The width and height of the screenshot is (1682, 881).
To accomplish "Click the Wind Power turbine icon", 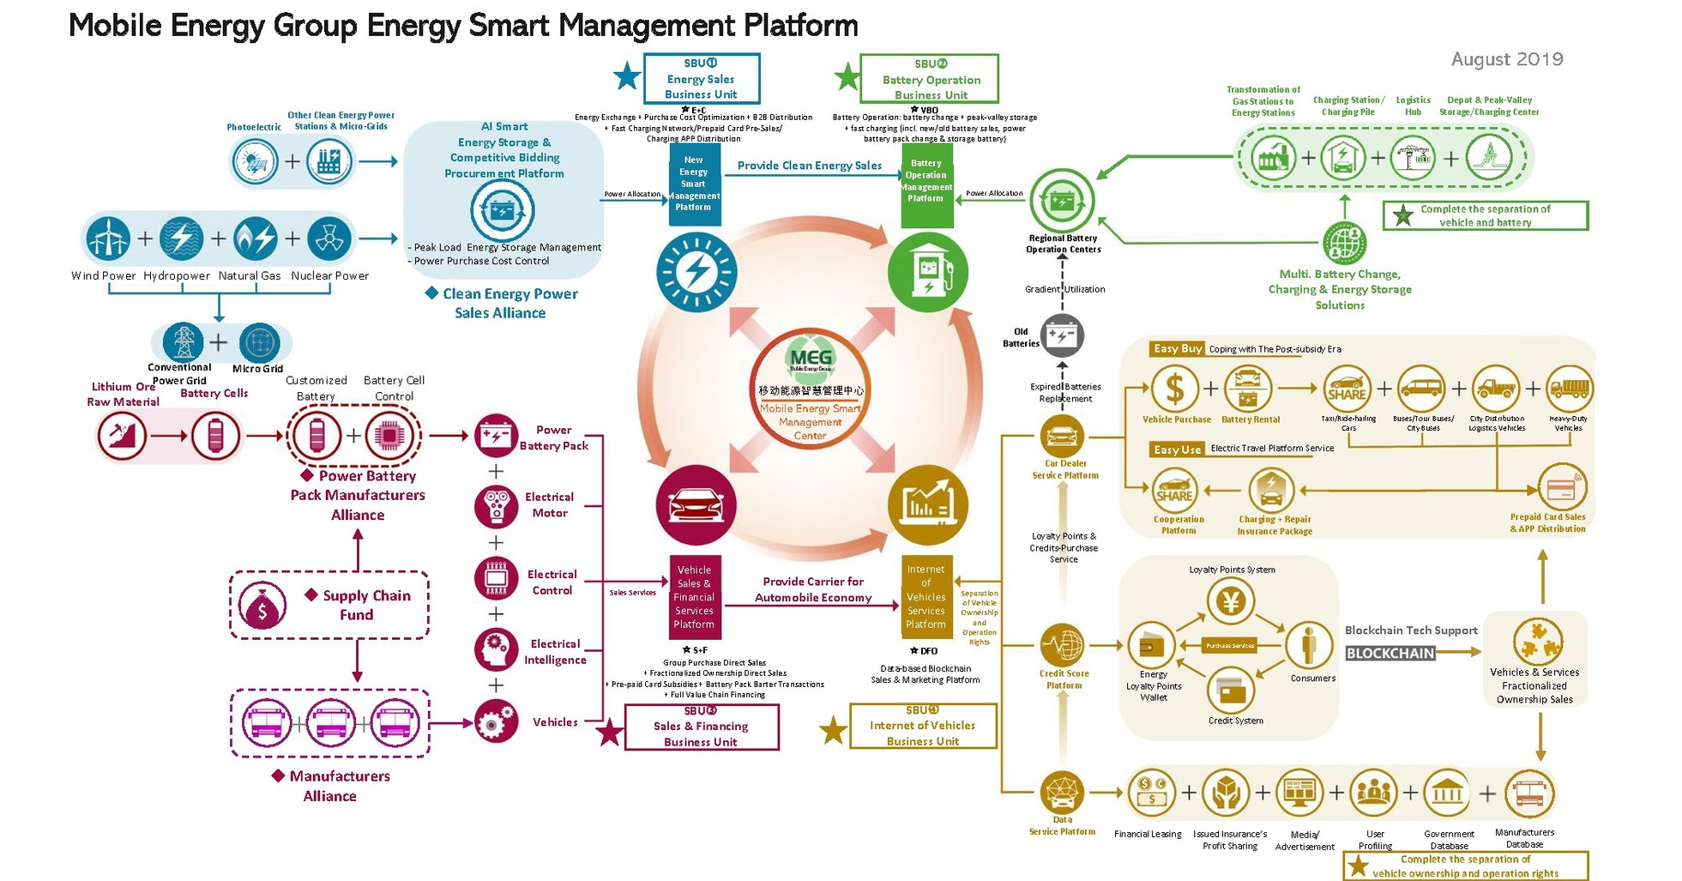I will (x=108, y=238).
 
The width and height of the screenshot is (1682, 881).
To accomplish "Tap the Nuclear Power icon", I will (x=329, y=238).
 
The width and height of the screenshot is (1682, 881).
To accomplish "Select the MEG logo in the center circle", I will (x=811, y=358).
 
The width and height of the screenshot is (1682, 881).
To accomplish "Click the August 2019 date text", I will (x=1506, y=59).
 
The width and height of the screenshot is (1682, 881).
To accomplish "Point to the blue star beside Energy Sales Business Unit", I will (x=627, y=77).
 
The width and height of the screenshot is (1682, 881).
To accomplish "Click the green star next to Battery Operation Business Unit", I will (x=847, y=77).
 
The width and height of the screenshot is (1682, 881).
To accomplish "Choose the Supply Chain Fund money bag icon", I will (x=262, y=606).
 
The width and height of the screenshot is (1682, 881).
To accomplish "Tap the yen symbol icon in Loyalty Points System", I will (x=1231, y=600).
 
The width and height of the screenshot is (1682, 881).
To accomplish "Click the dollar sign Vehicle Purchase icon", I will (x=1175, y=389).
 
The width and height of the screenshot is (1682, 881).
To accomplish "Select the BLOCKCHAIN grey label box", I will (x=1390, y=653).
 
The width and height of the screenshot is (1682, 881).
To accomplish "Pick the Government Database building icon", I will (x=1448, y=794).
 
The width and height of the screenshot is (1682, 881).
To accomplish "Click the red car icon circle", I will (x=696, y=505).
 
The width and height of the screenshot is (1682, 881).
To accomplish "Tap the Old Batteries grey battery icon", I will (x=1062, y=336).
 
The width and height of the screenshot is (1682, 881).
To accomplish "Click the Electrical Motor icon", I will (x=497, y=505).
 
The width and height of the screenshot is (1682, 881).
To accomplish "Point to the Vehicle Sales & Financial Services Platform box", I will (x=694, y=597).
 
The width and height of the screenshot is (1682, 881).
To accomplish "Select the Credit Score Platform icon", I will (x=1062, y=645).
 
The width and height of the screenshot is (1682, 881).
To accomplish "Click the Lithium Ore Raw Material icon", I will (x=122, y=436).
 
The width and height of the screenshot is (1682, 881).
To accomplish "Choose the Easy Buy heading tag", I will (x=1177, y=349).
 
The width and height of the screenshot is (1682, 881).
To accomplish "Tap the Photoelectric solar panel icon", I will (x=255, y=161).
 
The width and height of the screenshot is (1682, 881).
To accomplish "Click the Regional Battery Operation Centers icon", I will (x=1062, y=201).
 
